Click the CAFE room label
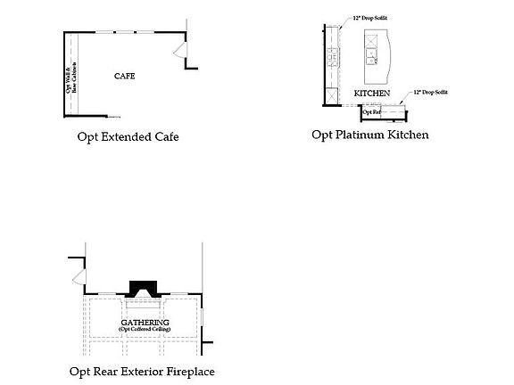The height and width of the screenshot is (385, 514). [124, 76]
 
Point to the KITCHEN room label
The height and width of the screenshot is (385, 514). [372, 93]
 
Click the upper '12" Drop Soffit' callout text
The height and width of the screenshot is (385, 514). [370, 18]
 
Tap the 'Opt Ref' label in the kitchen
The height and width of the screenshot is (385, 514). [371, 111]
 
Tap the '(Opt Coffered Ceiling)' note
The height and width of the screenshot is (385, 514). [144, 330]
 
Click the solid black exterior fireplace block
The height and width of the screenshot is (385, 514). [143, 288]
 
